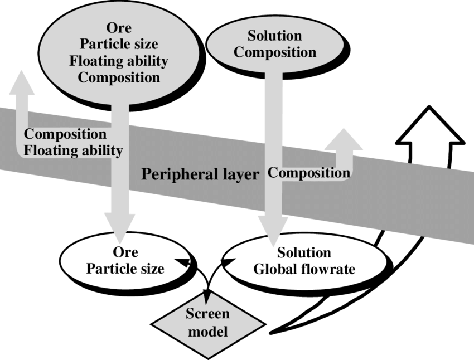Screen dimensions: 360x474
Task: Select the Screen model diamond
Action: pyautogui.click(x=207, y=323)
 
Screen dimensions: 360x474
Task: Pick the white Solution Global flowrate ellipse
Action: pyautogui.click(x=304, y=261)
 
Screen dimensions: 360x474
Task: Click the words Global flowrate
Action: pyautogui.click(x=304, y=269)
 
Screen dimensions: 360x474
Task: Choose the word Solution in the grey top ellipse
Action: pyautogui.click(x=275, y=36)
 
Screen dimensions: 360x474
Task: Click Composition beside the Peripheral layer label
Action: pyautogui.click(x=309, y=173)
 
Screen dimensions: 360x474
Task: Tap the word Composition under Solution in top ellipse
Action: pyautogui.click(x=275, y=52)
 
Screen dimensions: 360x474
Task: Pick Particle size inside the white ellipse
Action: pyautogui.click(x=125, y=269)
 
